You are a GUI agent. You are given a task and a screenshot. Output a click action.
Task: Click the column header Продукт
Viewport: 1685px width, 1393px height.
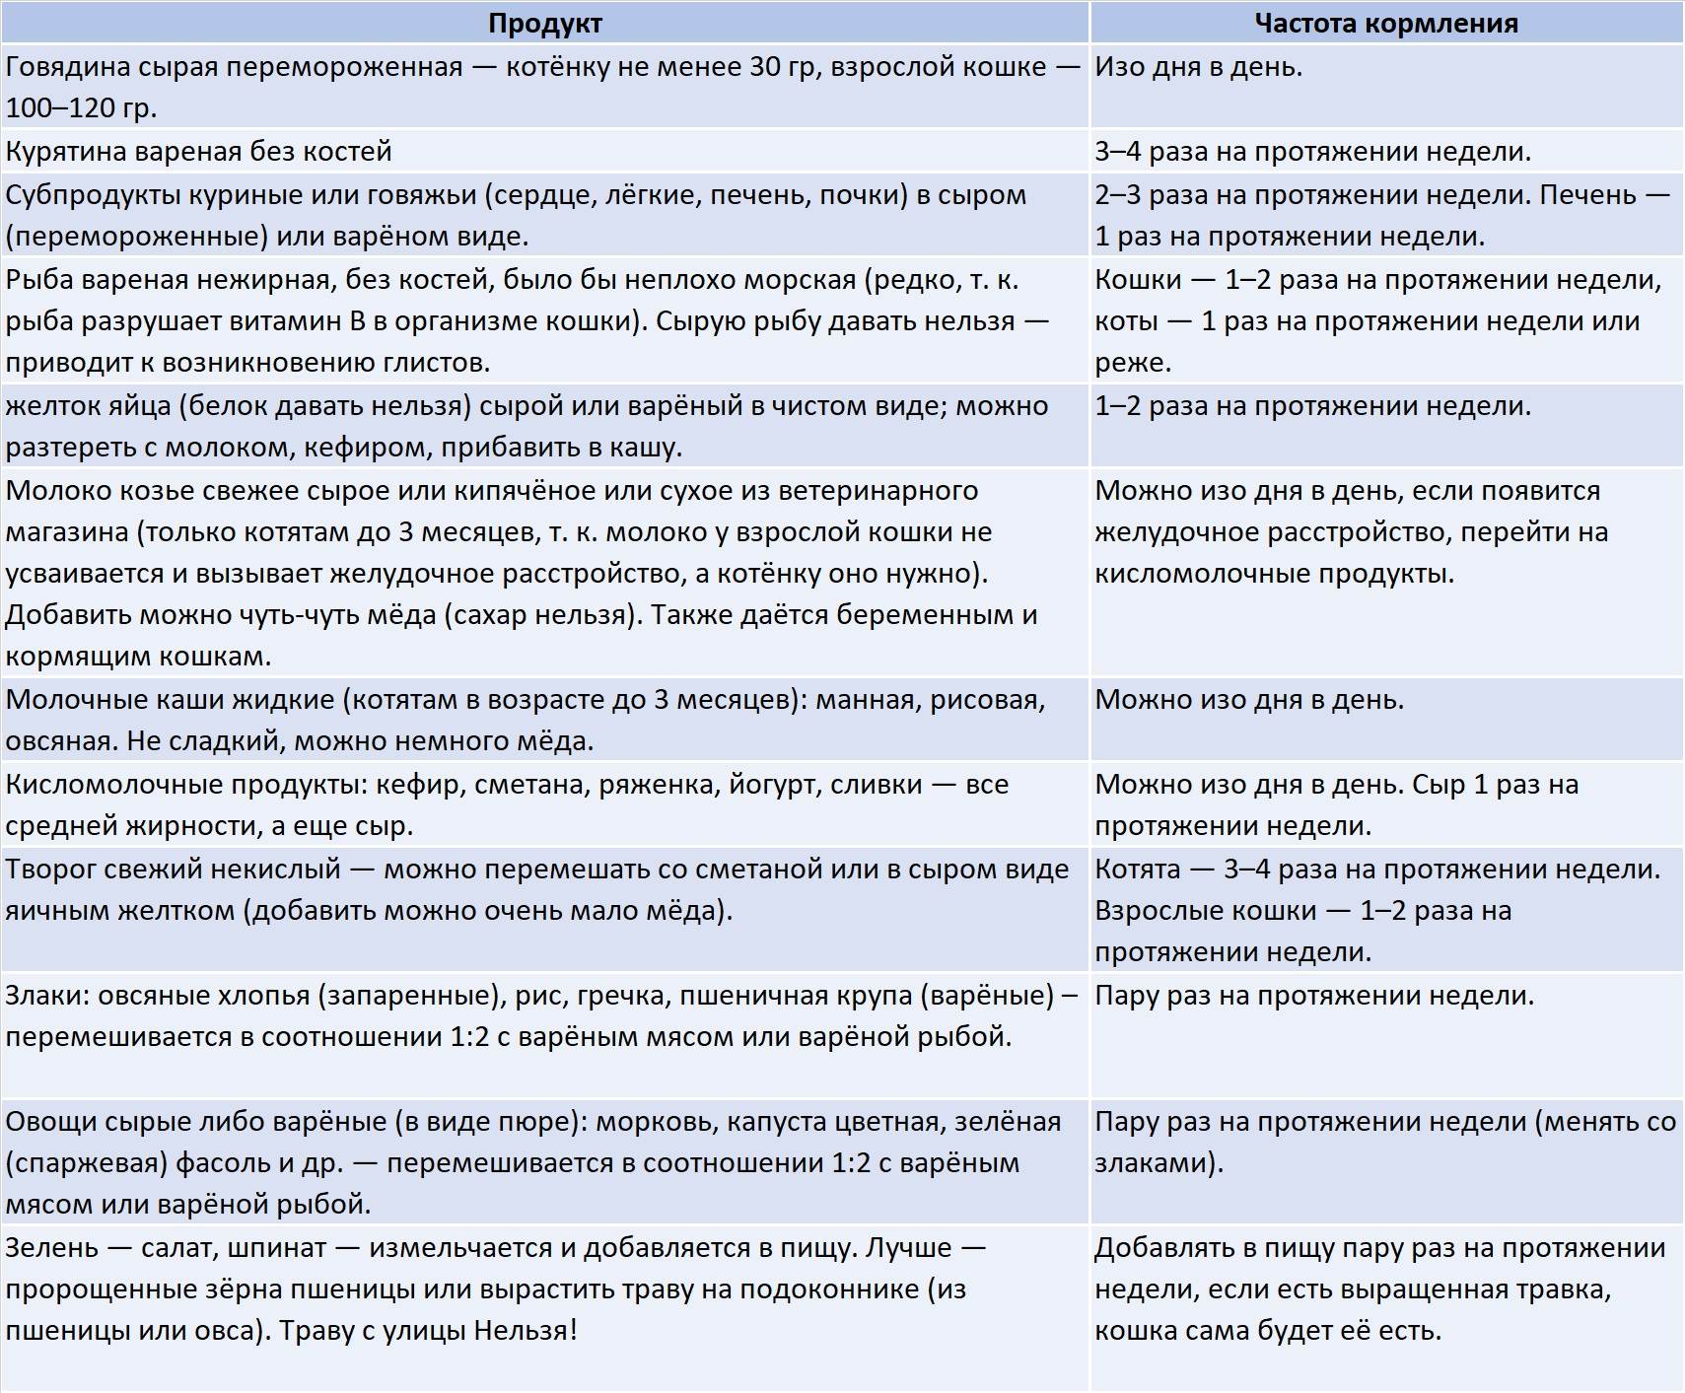pyautogui.click(x=544, y=23)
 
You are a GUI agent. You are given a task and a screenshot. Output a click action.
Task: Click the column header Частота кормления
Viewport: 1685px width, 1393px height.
pyautogui.click(x=1385, y=23)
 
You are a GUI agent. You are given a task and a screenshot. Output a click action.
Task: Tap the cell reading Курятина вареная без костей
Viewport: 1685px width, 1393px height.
pyautogui.click(x=199, y=151)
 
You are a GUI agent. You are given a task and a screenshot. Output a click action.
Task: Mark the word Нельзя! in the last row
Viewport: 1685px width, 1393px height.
pyautogui.click(x=526, y=1330)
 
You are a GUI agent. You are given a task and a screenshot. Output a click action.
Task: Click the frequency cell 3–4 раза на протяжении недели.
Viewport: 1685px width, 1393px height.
pyautogui.click(x=1313, y=151)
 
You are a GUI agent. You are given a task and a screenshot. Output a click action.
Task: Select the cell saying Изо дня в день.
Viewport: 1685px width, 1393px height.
pyautogui.click(x=1199, y=67)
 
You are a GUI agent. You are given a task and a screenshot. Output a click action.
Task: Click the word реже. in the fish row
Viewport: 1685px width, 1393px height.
pyautogui.click(x=1133, y=362)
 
